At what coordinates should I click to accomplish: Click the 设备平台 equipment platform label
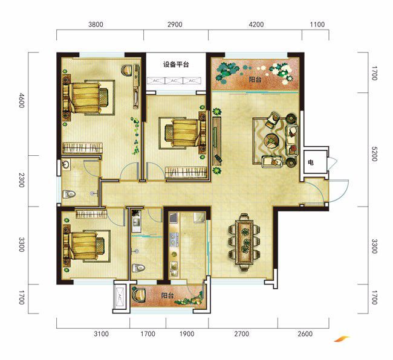[176, 65]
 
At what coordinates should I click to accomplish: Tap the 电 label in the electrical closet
[311, 162]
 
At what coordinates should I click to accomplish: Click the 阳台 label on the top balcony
[255, 80]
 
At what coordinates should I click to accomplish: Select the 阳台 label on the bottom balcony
[167, 295]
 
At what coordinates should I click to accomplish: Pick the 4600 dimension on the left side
[22, 100]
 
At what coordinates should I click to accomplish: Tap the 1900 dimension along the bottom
[187, 334]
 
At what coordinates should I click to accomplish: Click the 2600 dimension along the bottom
[305, 334]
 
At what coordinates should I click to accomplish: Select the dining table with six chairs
[244, 242]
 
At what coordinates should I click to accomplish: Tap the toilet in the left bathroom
[68, 194]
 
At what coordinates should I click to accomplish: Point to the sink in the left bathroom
[66, 164]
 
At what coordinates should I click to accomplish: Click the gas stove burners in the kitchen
[174, 239]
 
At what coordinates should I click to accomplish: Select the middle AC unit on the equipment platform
[174, 80]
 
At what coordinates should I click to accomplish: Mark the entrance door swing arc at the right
[342, 191]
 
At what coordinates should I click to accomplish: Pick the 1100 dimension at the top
[317, 25]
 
